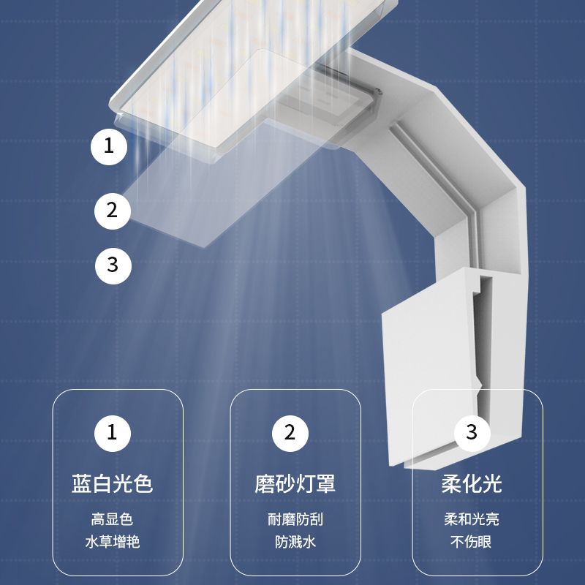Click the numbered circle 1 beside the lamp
click(109, 146)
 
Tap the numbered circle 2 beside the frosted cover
click(113, 211)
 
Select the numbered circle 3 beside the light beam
click(113, 265)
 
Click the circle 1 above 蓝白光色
click(113, 433)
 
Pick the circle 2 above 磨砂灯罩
click(290, 433)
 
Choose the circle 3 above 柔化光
click(472, 433)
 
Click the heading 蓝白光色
click(113, 484)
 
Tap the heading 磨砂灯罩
click(295, 484)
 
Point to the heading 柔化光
click(472, 484)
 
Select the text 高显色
click(113, 519)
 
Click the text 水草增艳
click(113, 542)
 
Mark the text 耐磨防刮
click(295, 519)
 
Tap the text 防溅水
click(295, 542)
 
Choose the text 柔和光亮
click(472, 519)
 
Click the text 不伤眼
click(471, 542)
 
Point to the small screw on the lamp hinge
click(378, 90)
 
